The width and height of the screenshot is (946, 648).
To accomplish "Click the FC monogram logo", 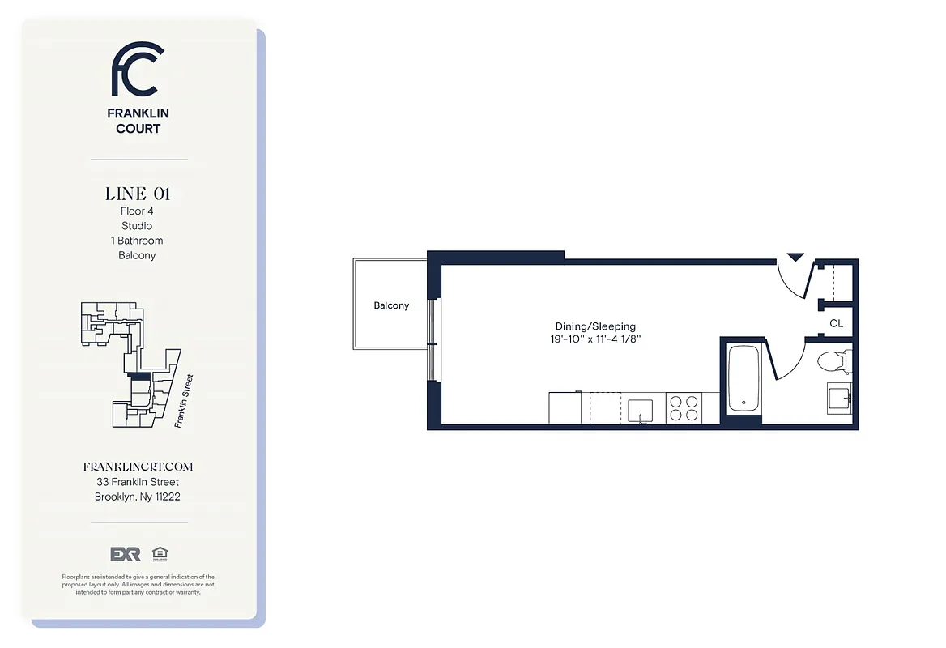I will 138,70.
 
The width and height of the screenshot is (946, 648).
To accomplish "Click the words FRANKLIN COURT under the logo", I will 138,122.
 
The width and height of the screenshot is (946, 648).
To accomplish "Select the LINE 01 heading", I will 138,194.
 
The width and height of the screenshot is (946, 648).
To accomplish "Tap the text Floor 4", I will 137,211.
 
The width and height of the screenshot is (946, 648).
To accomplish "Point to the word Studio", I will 137,226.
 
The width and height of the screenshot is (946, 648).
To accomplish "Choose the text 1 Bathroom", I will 137,241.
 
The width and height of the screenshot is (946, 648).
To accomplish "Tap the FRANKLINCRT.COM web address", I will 138,467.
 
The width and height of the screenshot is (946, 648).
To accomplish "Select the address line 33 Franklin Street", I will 138,482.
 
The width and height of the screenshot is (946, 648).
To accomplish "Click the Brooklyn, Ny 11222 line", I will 138,497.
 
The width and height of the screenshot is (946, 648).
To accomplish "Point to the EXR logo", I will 126,554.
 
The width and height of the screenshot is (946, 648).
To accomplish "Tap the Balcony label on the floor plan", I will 391,305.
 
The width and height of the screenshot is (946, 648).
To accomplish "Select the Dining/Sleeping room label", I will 595,326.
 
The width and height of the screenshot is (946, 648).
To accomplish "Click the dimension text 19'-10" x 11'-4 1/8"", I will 595,340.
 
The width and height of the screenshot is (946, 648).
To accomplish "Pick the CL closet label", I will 836,323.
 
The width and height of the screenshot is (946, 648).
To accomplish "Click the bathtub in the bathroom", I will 743,378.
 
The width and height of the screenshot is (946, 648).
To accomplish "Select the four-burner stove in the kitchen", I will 683,407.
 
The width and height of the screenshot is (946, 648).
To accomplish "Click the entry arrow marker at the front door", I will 795,257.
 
